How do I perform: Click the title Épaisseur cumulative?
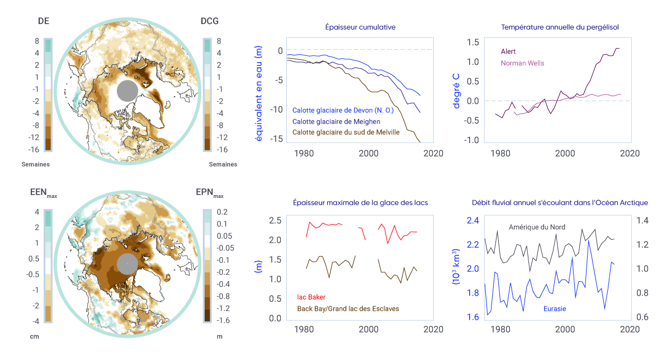[360, 27]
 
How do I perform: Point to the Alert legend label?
[508, 51]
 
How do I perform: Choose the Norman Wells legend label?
[522, 63]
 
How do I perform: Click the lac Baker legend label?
[311, 297]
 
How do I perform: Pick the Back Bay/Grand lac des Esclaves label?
[347, 308]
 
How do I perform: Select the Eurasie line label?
[555, 308]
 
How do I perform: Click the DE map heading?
[43, 21]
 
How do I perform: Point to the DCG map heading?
[210, 21]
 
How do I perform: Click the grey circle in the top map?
[127, 91]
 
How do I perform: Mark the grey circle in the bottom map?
[127, 264]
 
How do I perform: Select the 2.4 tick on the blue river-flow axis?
[458, 220]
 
